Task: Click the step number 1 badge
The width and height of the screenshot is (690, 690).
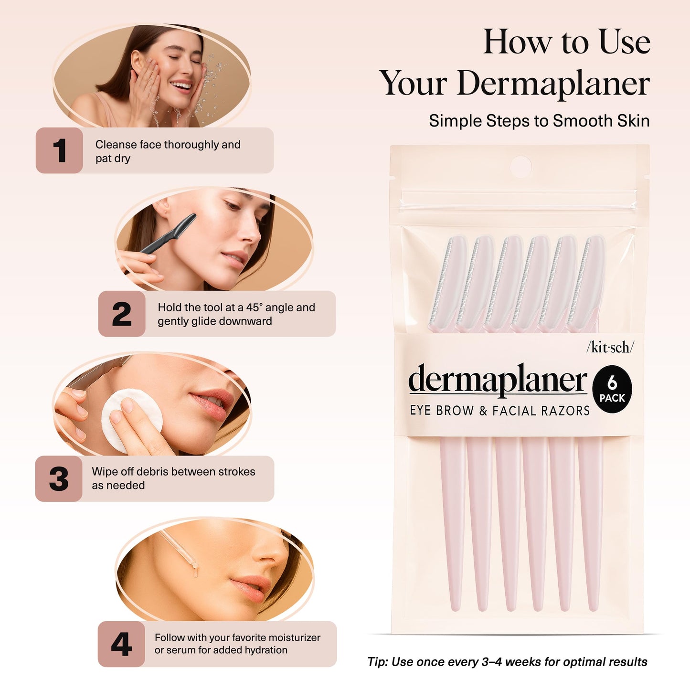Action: pos(59,150)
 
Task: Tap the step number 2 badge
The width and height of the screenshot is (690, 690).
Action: pos(122,314)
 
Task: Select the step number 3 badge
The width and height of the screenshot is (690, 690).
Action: pos(59,478)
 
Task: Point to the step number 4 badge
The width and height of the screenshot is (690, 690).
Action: pos(121,644)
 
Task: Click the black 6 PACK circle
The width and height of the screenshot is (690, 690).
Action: pos(612,389)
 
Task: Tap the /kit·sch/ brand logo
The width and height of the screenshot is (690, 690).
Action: pos(610,347)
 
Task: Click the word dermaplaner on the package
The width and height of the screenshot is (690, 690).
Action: pos(498,380)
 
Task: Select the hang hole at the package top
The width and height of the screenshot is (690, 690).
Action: pos(520,167)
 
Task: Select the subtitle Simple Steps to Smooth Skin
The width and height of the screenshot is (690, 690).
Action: pos(539,121)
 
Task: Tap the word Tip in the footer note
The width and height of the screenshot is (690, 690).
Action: pos(377,662)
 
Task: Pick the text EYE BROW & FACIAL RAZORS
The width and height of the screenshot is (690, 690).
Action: pos(499,411)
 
